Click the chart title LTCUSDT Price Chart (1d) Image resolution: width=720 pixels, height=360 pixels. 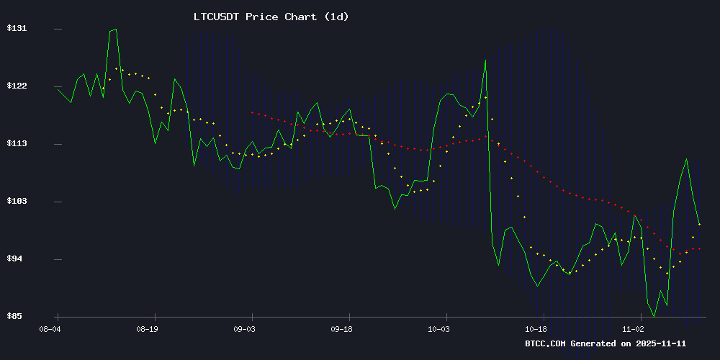(271, 17)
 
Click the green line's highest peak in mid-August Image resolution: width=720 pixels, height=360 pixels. (115, 29)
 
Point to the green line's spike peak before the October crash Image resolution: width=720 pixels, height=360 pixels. (485, 60)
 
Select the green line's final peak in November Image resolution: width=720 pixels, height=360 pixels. (687, 159)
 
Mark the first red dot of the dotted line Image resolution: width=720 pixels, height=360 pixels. (252, 112)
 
